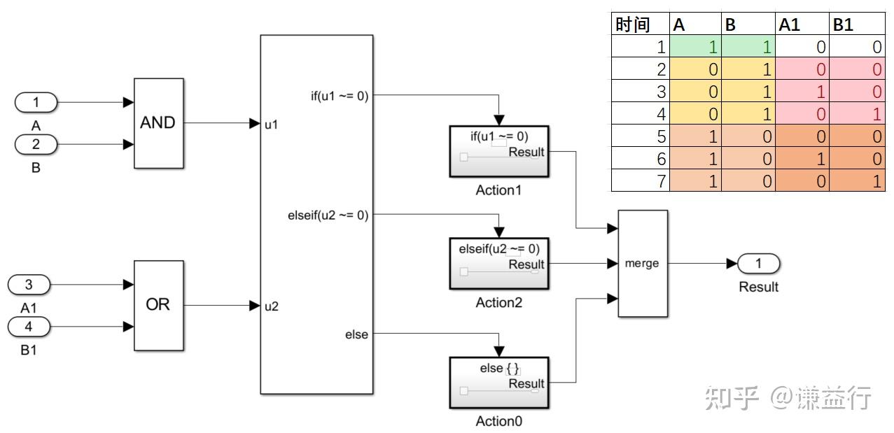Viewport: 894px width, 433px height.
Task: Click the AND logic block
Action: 159,123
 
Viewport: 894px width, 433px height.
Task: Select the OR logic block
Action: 159,305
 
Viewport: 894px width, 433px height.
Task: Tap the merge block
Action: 643,264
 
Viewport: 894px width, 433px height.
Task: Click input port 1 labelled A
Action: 36,103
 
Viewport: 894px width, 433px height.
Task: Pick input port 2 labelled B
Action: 36,145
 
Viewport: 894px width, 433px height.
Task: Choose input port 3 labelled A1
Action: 29,285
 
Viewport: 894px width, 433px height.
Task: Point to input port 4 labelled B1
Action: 29,326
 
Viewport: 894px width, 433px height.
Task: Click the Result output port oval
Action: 759,264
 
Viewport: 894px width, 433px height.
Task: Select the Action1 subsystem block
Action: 498,152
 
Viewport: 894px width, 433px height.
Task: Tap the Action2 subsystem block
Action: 498,264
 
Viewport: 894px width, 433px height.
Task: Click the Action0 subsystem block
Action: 498,383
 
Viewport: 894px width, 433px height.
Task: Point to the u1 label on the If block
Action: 272,124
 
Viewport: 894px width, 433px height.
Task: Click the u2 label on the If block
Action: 272,306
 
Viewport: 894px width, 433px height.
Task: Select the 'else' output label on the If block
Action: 356,334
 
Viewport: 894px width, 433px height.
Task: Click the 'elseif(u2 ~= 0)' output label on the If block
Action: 328,215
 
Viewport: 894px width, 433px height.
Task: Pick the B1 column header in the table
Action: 857,25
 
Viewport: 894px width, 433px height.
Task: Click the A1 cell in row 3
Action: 803,92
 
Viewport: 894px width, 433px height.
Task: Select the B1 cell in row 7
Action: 857,180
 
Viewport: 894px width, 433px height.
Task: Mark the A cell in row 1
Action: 696,48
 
